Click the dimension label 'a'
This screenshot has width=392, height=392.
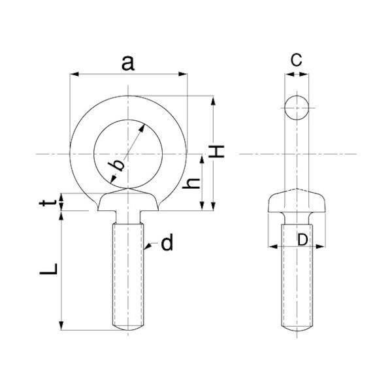(x=128, y=63)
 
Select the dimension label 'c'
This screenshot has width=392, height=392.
(x=296, y=60)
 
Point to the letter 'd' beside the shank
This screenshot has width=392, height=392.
(x=167, y=242)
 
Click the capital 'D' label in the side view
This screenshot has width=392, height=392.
(x=302, y=240)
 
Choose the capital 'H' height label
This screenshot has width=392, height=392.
(x=216, y=152)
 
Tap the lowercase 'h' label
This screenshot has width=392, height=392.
(x=191, y=183)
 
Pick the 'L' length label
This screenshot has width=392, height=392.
(x=48, y=269)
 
